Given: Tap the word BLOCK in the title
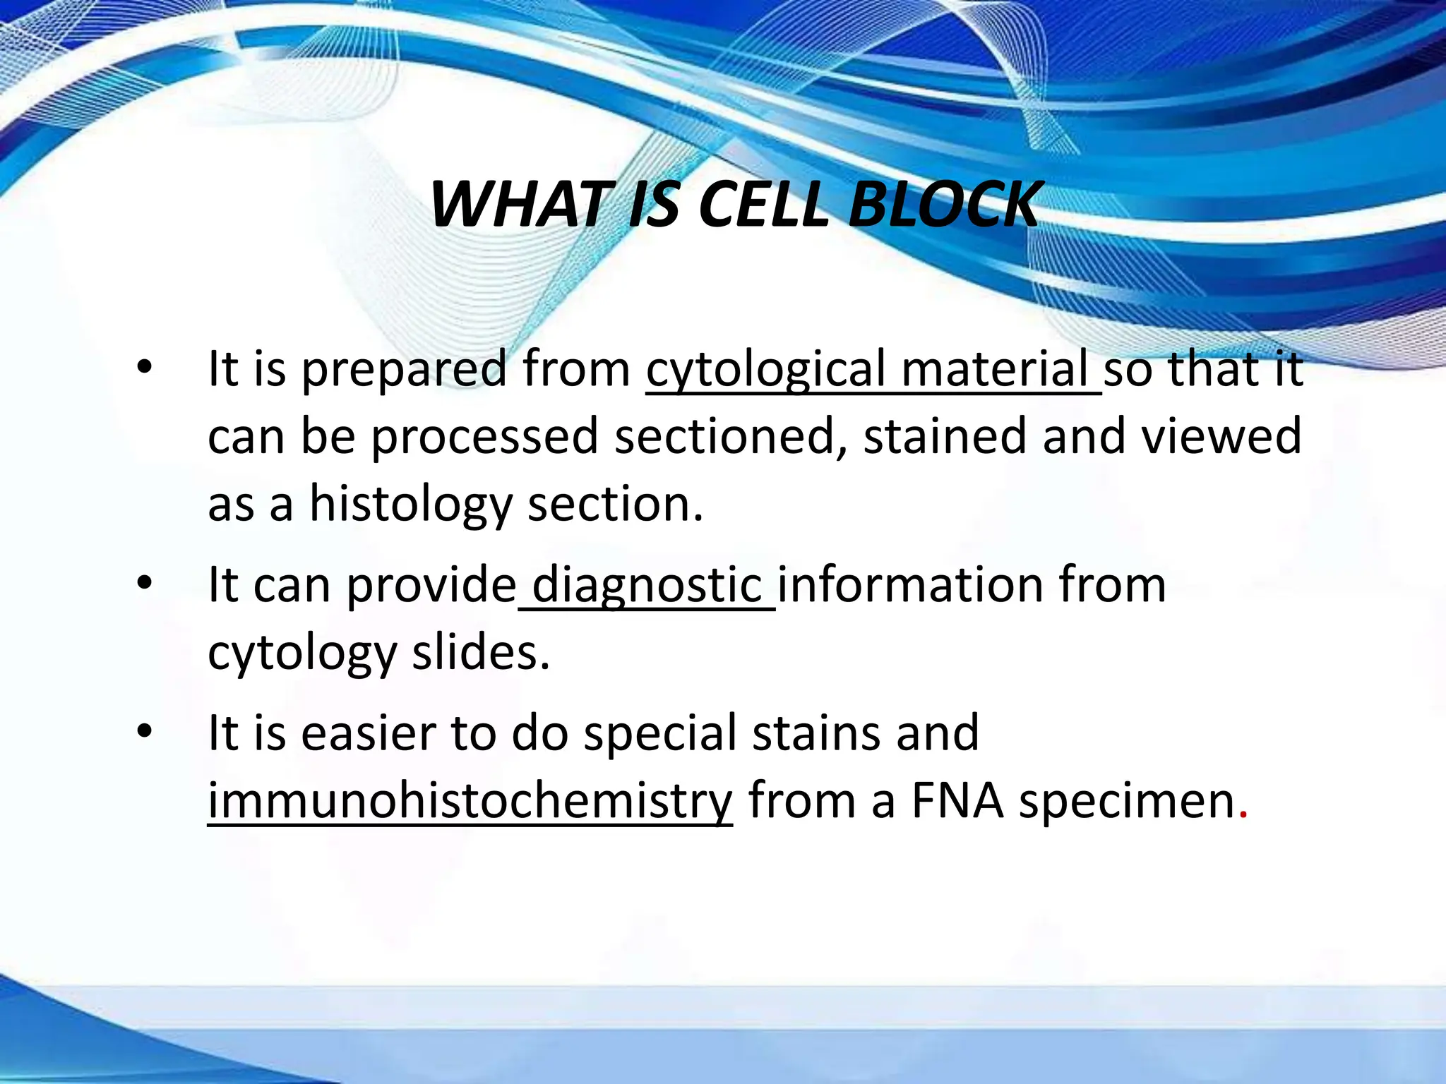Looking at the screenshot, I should (x=944, y=205).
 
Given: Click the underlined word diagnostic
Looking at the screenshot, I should (x=647, y=586).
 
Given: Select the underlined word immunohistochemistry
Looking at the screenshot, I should (x=470, y=802).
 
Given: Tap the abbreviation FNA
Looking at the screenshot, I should (x=957, y=800).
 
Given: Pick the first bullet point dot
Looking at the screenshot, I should (x=145, y=368).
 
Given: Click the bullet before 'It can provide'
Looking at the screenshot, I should (x=145, y=584).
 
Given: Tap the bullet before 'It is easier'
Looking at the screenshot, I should (x=145, y=731).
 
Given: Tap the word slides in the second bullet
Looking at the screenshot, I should (x=481, y=652).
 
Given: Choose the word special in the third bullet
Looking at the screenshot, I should (x=661, y=734).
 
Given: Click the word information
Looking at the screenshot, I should (x=910, y=586).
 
